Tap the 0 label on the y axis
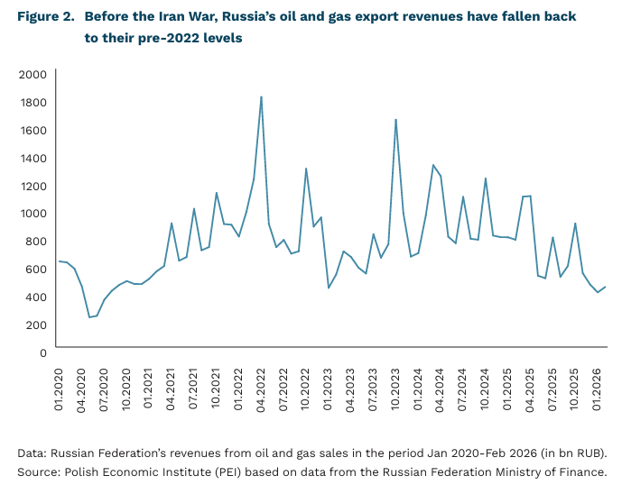(42, 352)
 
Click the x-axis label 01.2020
(60, 385)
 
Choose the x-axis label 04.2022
(262, 385)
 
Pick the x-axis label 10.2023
(396, 385)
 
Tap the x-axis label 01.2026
(598, 385)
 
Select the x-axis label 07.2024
(463, 385)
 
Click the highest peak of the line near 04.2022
(261, 96)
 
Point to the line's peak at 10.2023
(395, 119)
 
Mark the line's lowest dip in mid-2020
(89, 317)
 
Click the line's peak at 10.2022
(306, 168)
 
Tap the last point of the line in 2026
(605, 287)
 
